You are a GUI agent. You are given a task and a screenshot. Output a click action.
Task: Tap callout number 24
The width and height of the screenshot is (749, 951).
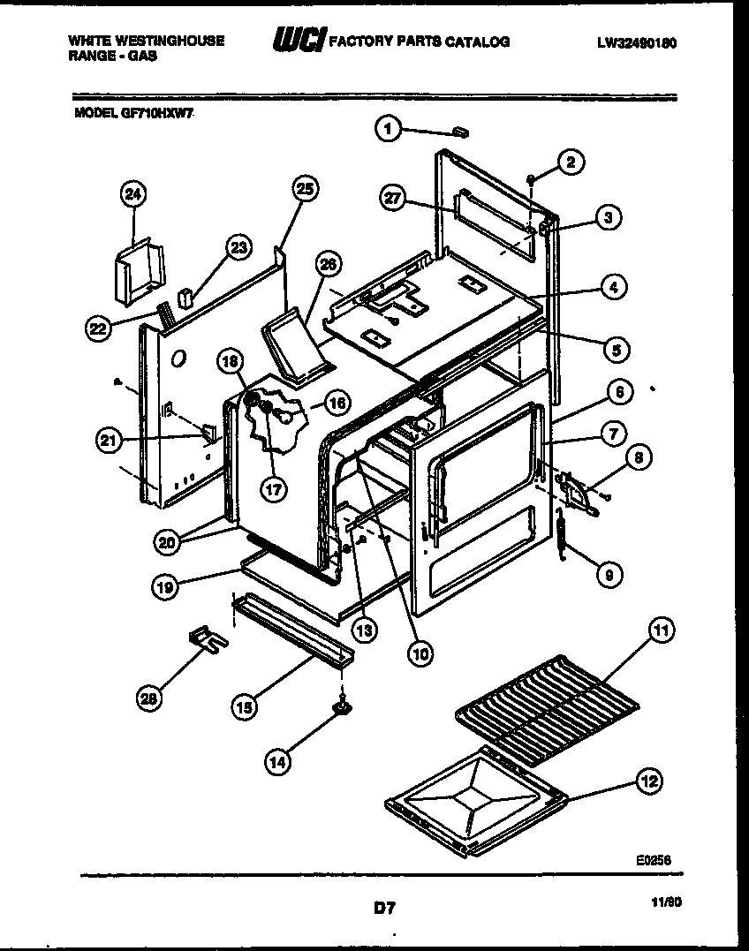click(133, 195)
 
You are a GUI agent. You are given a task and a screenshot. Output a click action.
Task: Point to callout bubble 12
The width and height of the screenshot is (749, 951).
click(650, 781)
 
